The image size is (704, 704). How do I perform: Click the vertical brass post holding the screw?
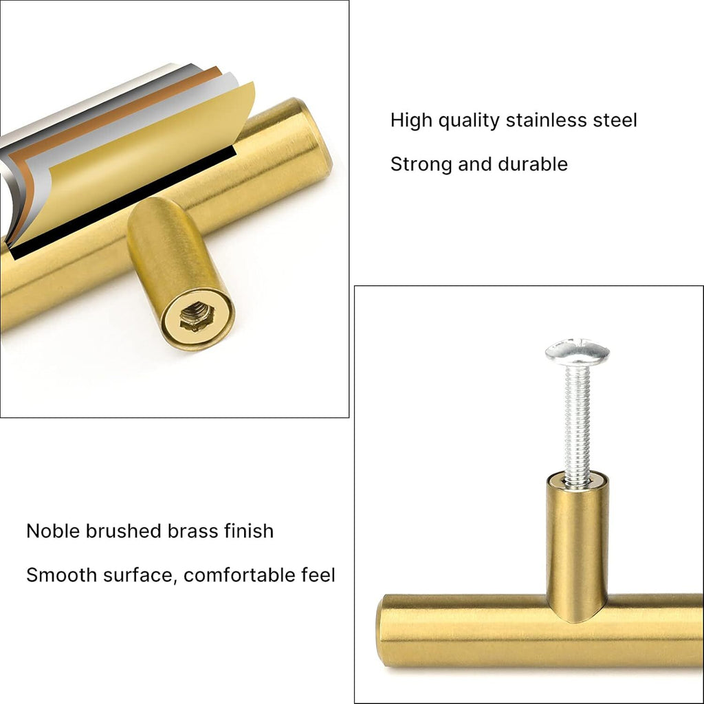pyautogui.click(x=577, y=543)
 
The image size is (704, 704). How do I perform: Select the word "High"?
pyautogui.click(x=410, y=120)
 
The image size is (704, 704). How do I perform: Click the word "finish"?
pyautogui.click(x=249, y=531)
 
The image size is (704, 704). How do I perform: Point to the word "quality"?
pyautogui.click(x=469, y=120)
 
